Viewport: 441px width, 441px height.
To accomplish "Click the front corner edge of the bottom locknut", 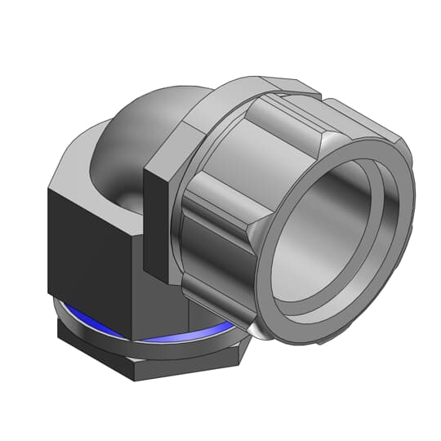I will (136, 367).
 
